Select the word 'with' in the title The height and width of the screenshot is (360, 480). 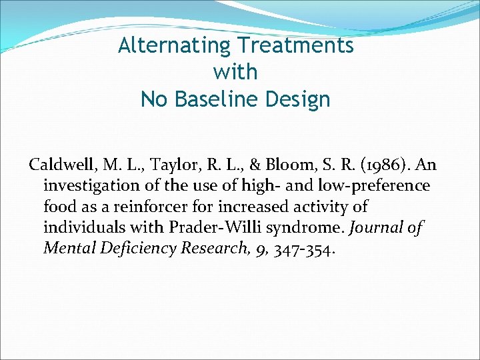coord(235,72)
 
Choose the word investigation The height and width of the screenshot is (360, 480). coord(91,185)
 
